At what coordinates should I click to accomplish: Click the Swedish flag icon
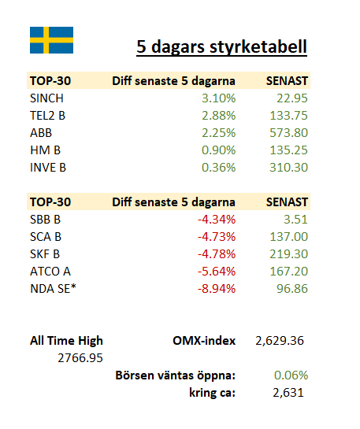click(51, 40)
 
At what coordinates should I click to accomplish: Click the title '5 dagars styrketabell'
click(221, 46)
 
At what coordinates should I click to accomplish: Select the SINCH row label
click(46, 98)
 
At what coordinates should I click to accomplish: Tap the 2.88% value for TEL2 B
click(218, 116)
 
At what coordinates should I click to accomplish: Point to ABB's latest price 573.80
click(289, 133)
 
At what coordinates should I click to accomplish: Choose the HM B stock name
click(45, 150)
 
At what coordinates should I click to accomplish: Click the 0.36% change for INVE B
click(218, 168)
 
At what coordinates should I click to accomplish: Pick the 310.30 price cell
click(289, 168)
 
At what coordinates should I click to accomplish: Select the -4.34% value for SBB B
click(217, 220)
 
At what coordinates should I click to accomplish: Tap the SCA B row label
click(46, 237)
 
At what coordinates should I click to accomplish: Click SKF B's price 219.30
click(289, 254)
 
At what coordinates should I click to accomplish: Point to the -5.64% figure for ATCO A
click(217, 272)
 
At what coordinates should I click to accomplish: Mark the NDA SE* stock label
click(53, 289)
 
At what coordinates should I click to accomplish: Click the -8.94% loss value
click(217, 289)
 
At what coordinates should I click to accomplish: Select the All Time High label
click(66, 341)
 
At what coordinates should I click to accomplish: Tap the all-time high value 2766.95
click(80, 358)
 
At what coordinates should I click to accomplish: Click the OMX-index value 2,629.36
click(280, 341)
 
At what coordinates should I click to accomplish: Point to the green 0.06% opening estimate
click(291, 375)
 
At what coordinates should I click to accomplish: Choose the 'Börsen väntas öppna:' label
click(176, 375)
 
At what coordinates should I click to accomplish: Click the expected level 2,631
click(288, 393)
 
